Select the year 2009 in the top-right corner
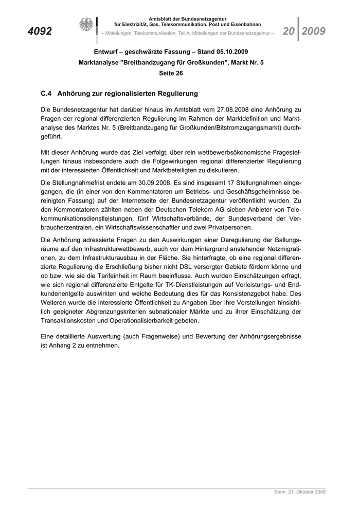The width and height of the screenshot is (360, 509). click(314, 31)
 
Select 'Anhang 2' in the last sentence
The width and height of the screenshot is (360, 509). click(66, 346)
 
